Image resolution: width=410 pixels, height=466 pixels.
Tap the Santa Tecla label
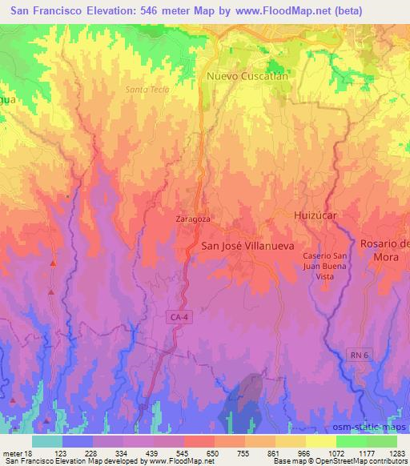147,89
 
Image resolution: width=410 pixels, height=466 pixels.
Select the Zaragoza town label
192,218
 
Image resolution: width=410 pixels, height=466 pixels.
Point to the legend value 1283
397,452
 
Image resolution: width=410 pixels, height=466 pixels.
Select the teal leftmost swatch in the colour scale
47,441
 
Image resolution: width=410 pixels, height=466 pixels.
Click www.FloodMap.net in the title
272,11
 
